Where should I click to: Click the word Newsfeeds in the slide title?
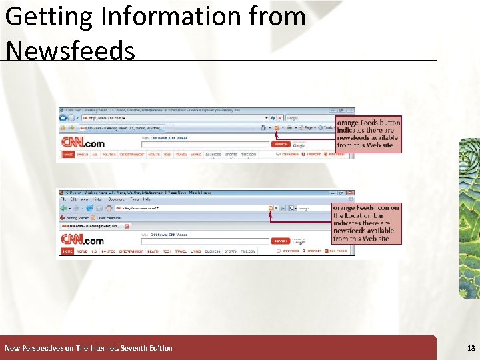69,50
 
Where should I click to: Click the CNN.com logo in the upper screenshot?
83,142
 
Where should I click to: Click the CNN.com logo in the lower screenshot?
83,239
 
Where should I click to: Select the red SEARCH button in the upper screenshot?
281,144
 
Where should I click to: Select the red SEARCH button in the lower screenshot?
281,241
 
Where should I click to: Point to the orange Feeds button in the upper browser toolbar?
275,127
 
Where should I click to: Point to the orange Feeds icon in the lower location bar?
271,208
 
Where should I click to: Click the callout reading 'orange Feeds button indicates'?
369,134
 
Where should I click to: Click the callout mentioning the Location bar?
367,223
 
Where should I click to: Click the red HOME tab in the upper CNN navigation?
67,154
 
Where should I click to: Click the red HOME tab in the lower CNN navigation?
67,251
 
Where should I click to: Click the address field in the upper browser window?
167,118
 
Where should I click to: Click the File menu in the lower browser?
63,199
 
